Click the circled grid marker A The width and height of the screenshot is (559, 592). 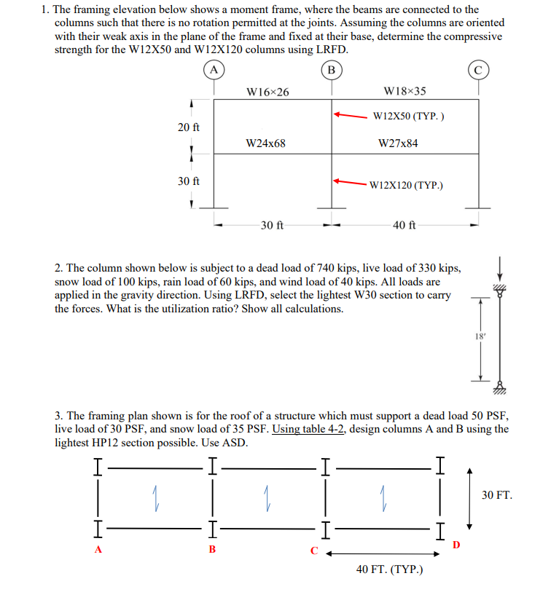(214, 70)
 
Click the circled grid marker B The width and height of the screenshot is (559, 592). (332, 70)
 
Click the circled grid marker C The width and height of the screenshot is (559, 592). (479, 70)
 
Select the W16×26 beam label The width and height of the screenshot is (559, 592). (267, 92)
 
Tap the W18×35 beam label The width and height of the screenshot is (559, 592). (404, 92)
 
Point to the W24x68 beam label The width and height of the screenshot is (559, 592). (266, 143)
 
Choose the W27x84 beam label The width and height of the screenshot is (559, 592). (399, 143)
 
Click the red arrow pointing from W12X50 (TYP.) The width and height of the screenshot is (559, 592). (351, 115)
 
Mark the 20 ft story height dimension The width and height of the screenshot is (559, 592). (189, 127)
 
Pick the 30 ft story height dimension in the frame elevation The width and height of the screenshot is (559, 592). (189, 181)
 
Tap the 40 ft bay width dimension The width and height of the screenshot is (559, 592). (404, 225)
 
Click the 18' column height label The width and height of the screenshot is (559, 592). (479, 336)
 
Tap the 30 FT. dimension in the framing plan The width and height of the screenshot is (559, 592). (497, 495)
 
